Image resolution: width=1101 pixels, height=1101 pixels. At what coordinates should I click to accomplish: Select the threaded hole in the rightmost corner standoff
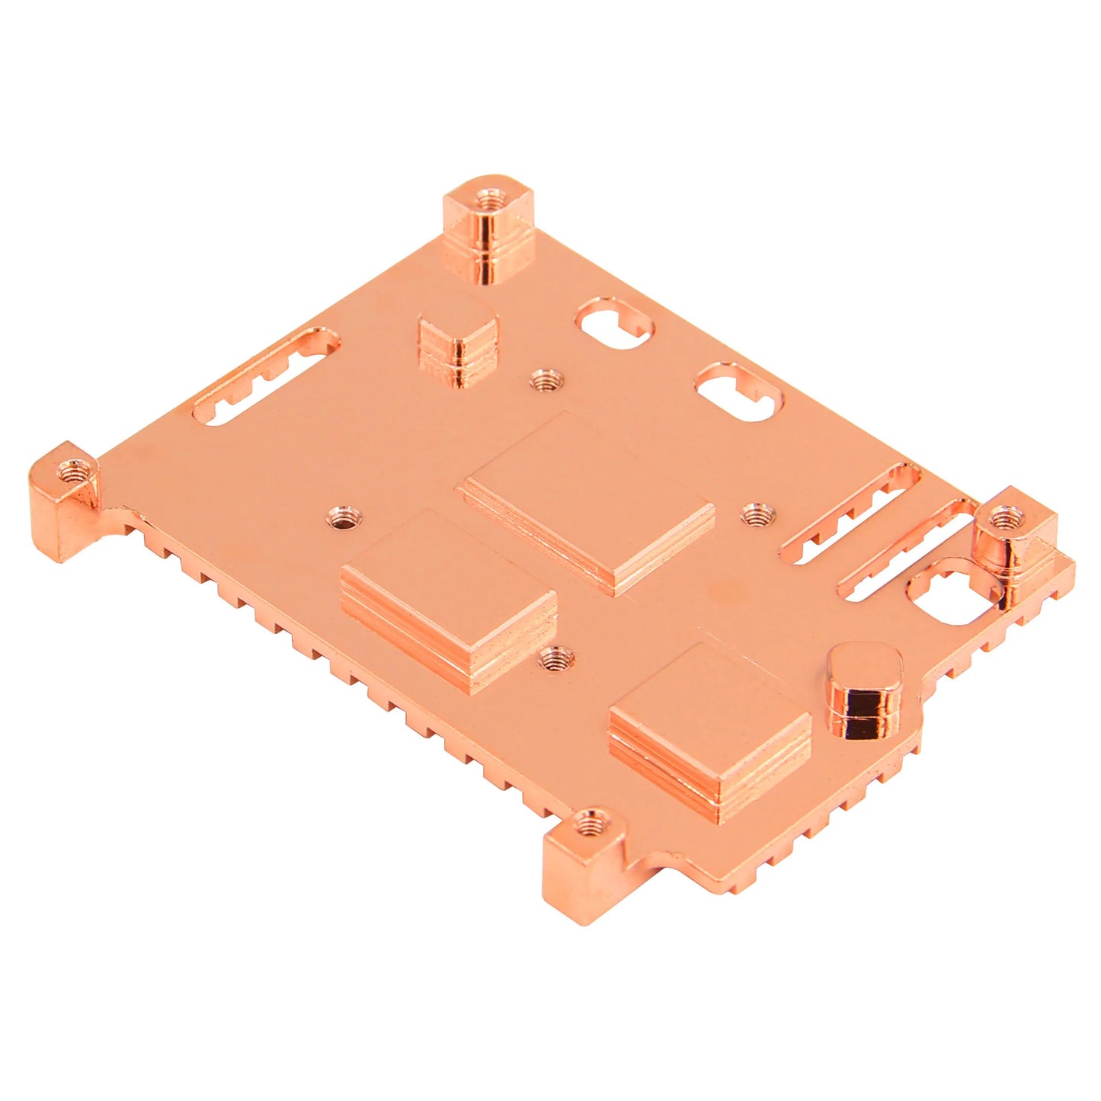point(1006,520)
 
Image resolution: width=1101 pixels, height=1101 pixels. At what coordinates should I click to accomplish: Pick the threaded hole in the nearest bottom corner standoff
point(587,822)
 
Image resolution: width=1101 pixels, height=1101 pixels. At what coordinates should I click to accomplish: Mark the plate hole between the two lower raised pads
point(556,658)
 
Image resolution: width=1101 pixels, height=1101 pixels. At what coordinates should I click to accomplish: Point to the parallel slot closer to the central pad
point(846,518)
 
